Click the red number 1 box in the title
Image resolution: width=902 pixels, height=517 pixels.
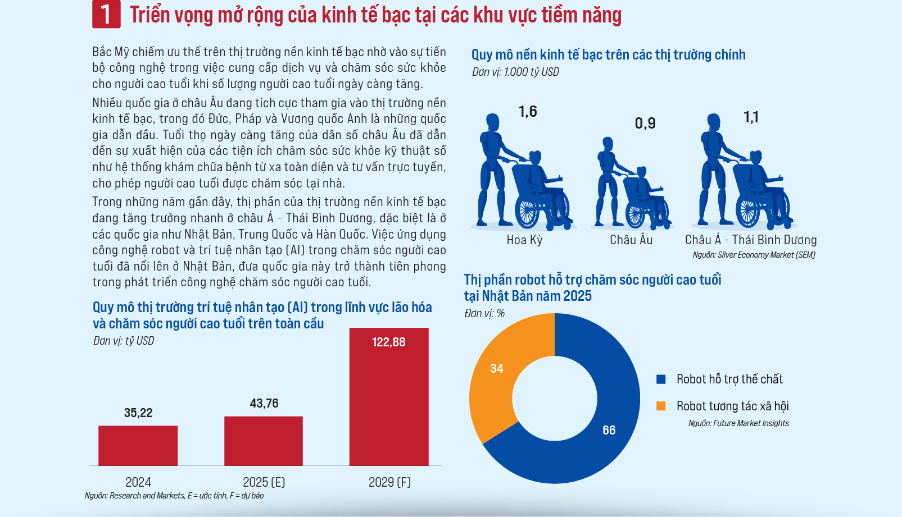[106, 14]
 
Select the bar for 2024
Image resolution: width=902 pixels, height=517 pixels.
[138, 446]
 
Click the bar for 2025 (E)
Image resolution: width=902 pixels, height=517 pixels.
[264, 441]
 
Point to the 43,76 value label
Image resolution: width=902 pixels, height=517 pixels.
[264, 403]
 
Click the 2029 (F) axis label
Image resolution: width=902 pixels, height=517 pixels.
[389, 482]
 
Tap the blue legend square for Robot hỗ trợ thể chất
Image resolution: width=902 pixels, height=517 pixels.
[661, 379]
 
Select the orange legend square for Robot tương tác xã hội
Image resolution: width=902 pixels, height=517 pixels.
[661, 406]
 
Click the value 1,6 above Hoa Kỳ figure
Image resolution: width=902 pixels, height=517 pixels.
[528, 112]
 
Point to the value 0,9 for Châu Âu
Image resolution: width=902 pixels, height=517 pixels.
[645, 123]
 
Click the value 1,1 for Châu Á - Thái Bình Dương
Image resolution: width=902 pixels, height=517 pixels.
[751, 117]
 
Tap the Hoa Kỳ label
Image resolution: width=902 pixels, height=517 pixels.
[524, 240]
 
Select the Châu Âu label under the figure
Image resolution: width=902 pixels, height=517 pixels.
[631, 240]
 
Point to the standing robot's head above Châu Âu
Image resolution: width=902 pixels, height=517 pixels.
[607, 144]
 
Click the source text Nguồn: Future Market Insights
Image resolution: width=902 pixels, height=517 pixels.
[738, 423]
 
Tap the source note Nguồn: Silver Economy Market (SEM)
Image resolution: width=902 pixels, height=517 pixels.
[754, 255]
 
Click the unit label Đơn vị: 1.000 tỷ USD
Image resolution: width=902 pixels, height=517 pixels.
[515, 72]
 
